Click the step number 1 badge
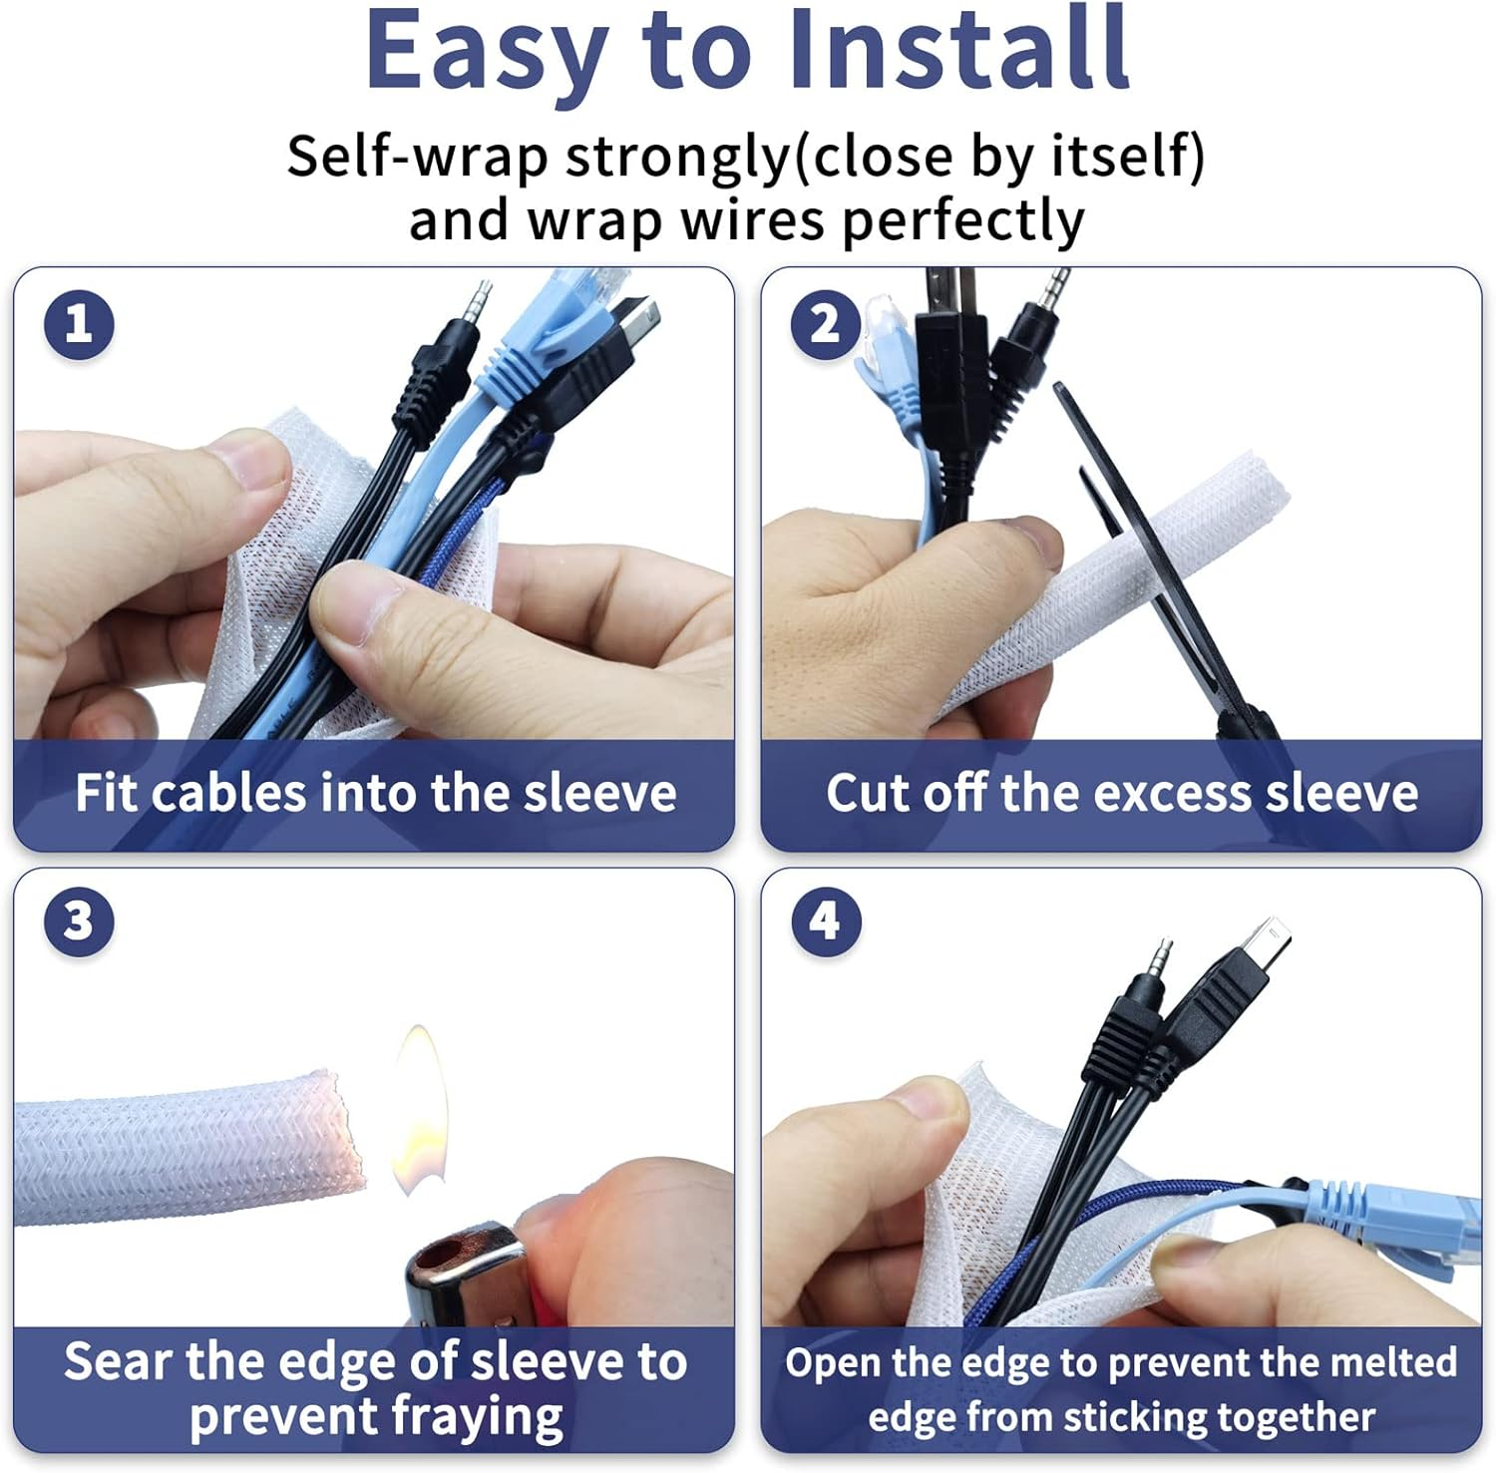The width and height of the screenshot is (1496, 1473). [x=79, y=324]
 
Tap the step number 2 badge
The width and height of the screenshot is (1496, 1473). [x=825, y=324]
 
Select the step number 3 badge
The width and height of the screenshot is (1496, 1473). [x=79, y=921]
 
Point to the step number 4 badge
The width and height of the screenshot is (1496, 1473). [x=825, y=921]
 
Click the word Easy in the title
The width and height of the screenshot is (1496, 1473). [x=487, y=50]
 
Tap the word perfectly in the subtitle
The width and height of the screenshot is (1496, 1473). [x=962, y=221]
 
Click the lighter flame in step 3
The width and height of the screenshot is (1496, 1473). [x=419, y=1107]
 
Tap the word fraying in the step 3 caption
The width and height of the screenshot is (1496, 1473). [x=477, y=1416]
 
